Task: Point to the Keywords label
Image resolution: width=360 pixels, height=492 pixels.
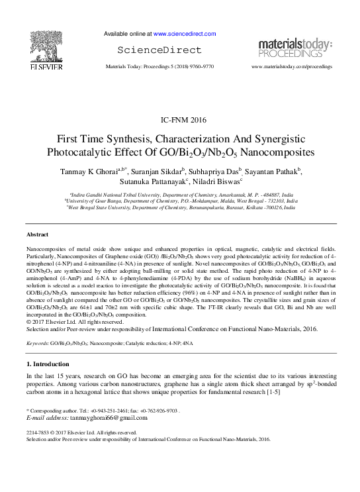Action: pyautogui.click(x=38, y=344)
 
